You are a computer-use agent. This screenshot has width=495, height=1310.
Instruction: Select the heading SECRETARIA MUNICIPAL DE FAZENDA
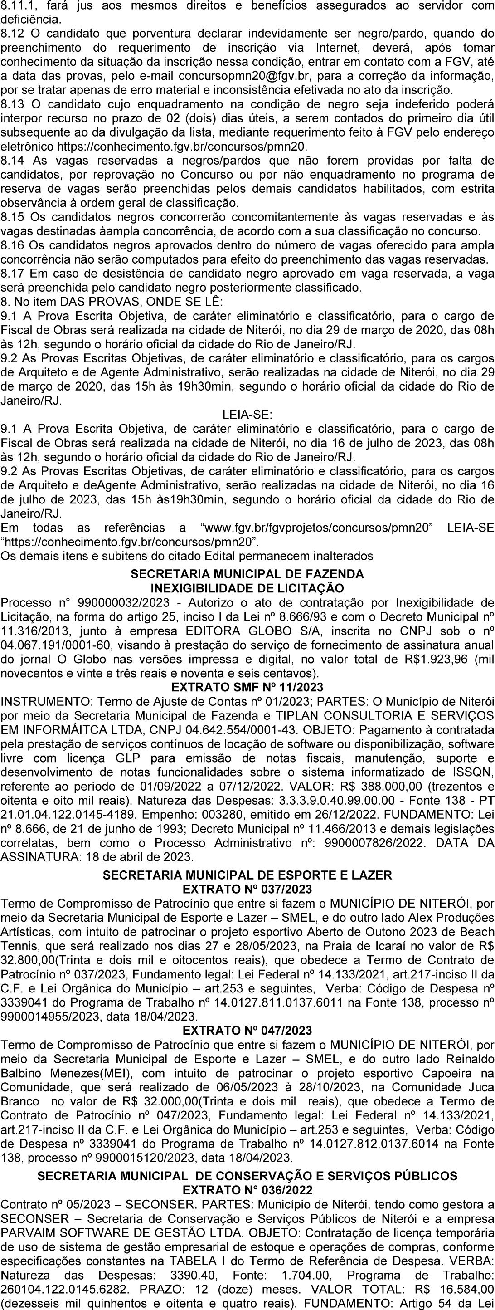click(x=247, y=574)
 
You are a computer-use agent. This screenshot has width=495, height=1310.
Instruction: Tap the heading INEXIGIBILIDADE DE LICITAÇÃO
click(x=247, y=588)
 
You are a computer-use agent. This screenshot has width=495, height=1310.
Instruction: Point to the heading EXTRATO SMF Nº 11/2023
click(x=247, y=688)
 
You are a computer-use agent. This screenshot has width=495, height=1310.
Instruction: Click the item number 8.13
click(x=12, y=105)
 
